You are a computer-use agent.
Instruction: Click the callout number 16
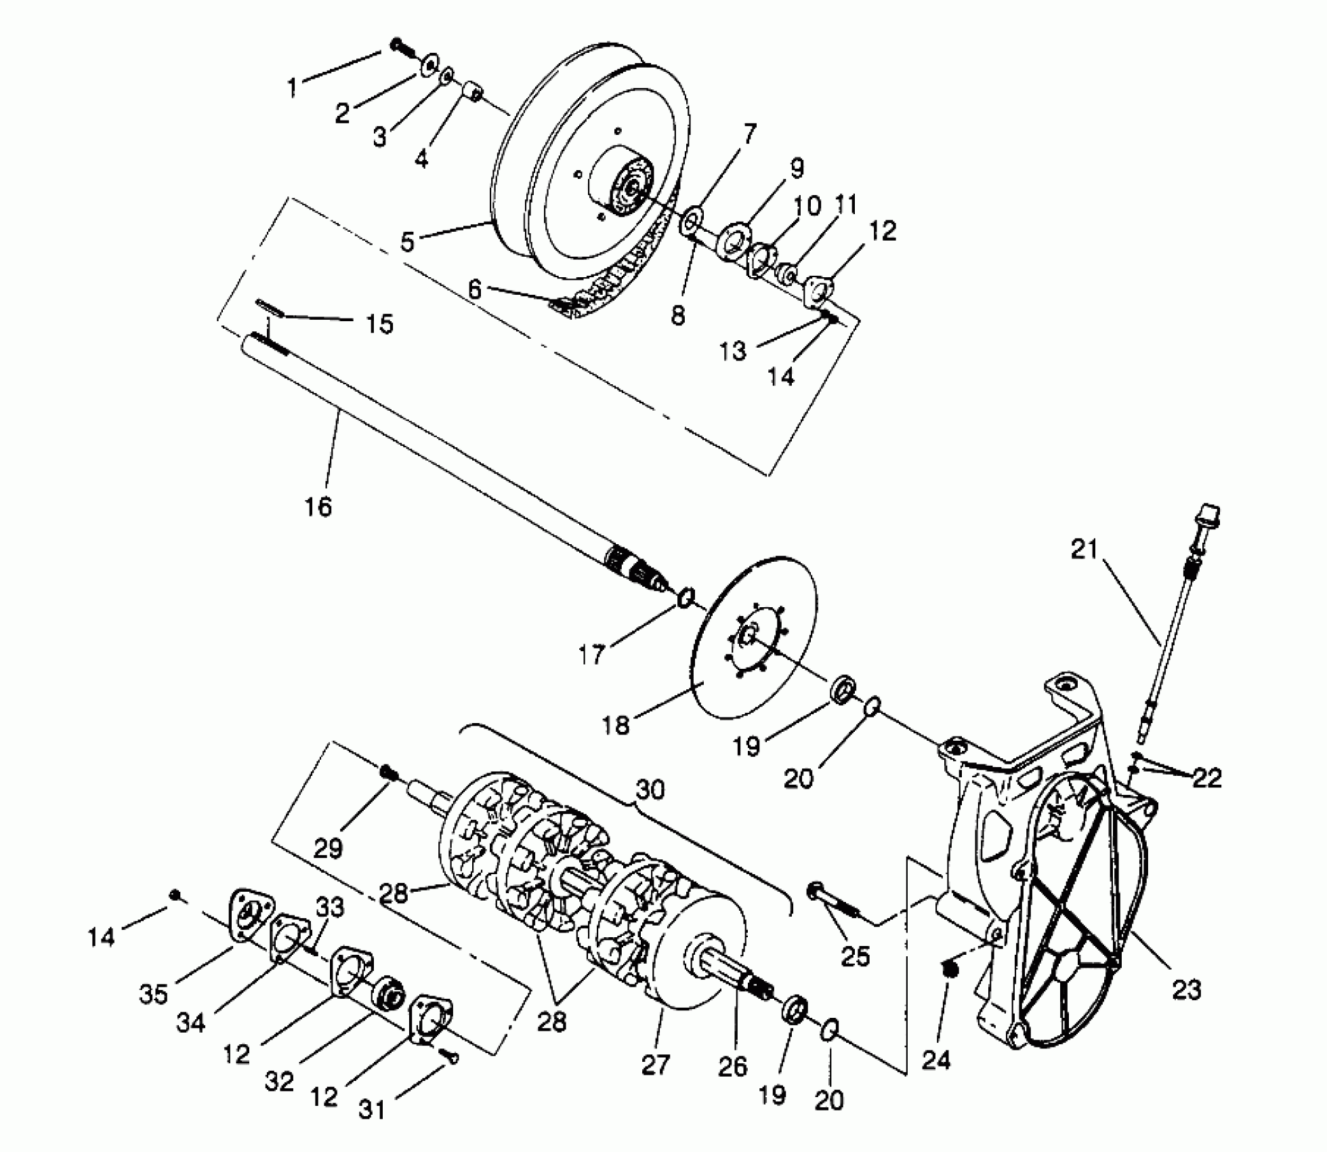[318, 506]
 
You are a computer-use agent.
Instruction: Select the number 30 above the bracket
[650, 790]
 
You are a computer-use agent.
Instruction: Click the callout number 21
[1084, 549]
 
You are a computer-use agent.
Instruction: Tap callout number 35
[153, 994]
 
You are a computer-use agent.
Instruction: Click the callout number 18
[616, 725]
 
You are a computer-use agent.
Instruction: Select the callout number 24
[937, 1059]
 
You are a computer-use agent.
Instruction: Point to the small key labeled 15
[269, 306]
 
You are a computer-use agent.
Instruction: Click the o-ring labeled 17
[686, 598]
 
